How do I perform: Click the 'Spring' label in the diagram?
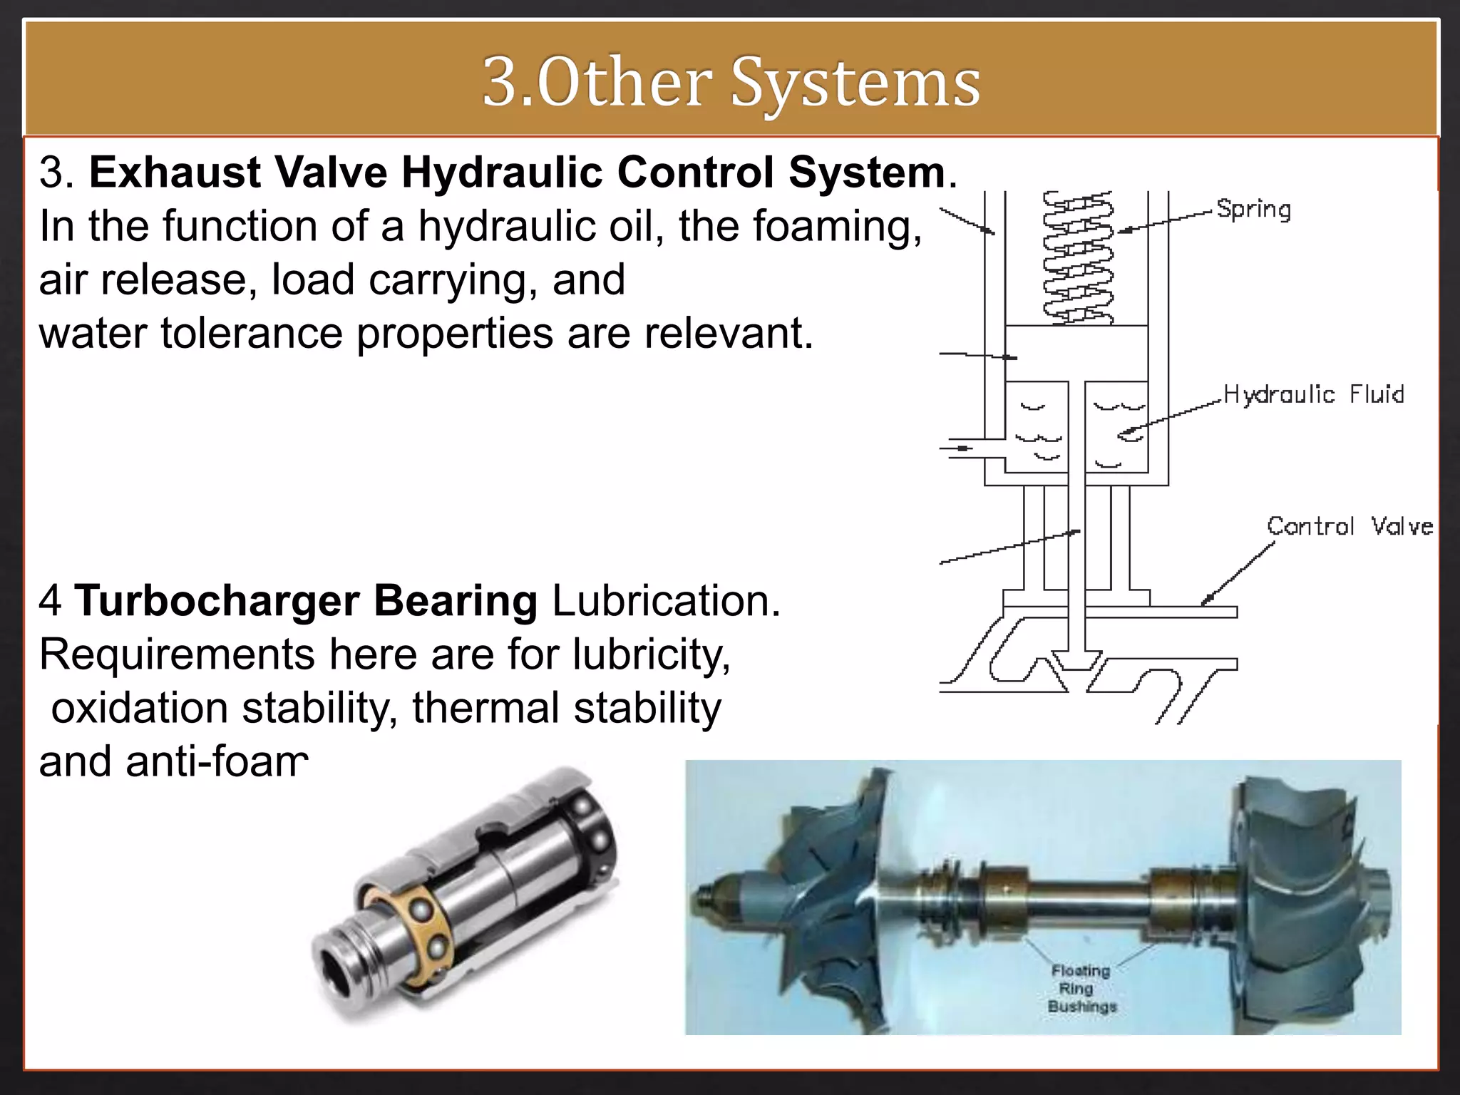pos(1253,210)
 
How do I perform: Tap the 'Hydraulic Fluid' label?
pos(1313,394)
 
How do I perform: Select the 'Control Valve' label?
pos(1349,527)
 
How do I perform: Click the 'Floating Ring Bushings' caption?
pos(1081,988)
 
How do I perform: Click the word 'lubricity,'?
pos(652,654)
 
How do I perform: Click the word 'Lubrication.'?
pos(666,600)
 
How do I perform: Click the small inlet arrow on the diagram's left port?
pos(962,448)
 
